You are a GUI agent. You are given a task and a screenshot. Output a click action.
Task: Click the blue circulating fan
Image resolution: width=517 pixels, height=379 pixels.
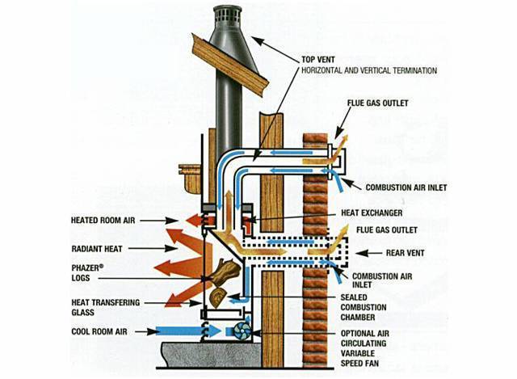(241, 331)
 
